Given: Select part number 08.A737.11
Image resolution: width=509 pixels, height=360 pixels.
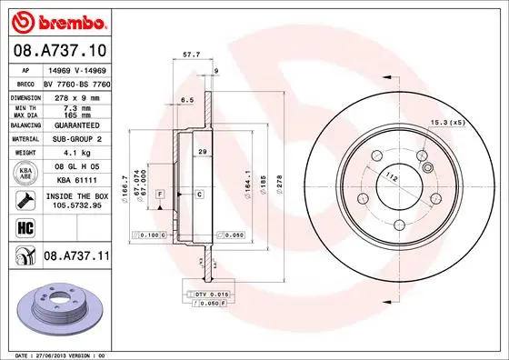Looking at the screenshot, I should point(75,258).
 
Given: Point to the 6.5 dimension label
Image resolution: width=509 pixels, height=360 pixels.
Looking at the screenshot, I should point(188,100).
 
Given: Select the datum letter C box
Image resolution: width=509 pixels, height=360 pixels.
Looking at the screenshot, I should point(198,195).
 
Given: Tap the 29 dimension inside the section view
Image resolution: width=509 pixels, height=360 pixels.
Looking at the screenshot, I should point(204,151).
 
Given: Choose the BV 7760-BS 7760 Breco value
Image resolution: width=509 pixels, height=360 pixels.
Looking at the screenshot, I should point(75,82).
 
